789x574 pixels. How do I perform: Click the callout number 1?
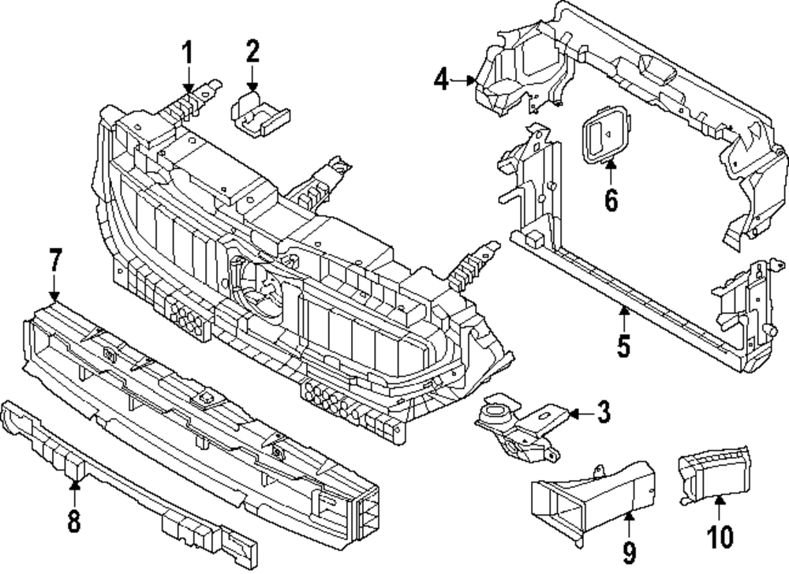click(187, 53)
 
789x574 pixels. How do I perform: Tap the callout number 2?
click(252, 51)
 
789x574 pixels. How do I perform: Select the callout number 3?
click(603, 412)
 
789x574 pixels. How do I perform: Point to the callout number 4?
click(441, 80)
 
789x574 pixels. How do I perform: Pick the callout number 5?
click(624, 345)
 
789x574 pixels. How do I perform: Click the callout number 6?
click(611, 200)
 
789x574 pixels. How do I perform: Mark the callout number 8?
click(74, 520)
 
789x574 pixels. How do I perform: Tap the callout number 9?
click(629, 551)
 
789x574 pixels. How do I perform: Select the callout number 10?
click(720, 536)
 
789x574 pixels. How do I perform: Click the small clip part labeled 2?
click(260, 114)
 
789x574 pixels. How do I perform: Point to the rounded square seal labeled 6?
click(606, 134)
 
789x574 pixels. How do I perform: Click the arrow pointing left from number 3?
click(581, 414)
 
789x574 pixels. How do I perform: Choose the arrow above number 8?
click(74, 493)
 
